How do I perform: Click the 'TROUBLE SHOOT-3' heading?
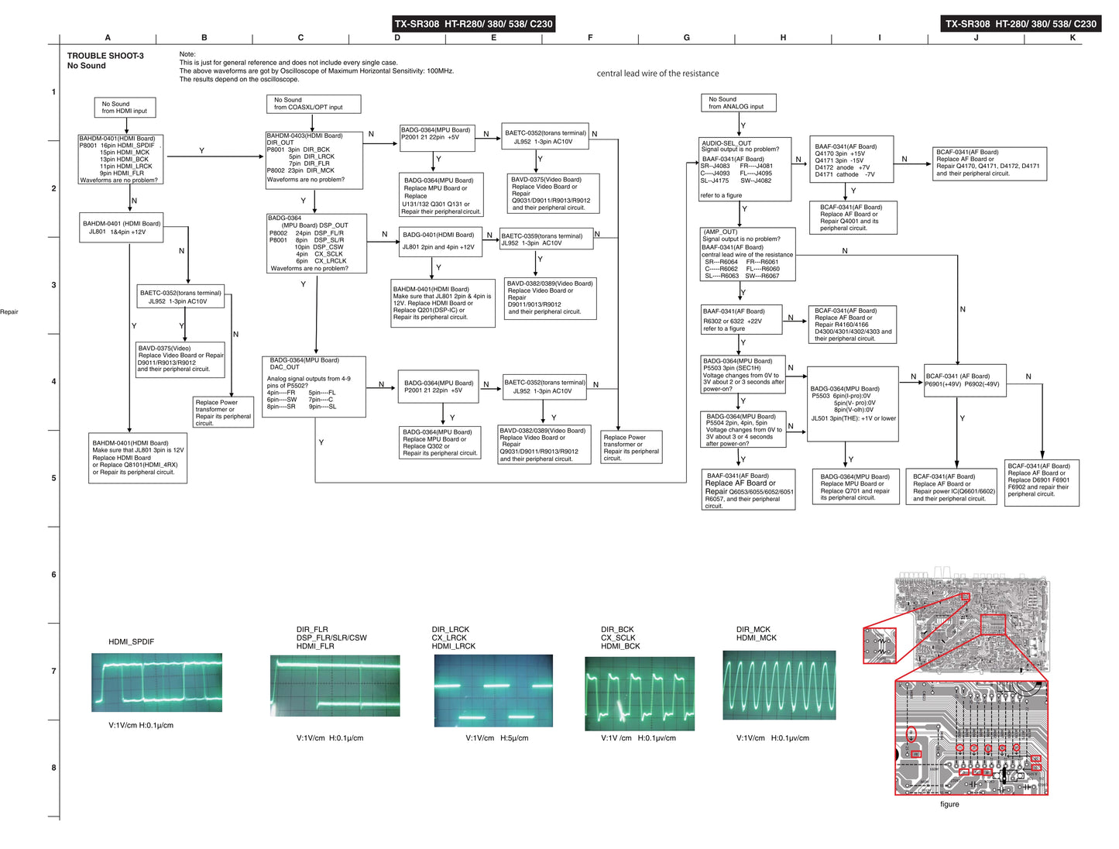(105, 56)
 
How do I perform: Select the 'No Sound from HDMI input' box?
(124, 108)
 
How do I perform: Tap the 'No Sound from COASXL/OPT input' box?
(313, 104)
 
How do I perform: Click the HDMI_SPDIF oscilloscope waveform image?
(156, 682)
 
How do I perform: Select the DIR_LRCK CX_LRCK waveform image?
(493, 690)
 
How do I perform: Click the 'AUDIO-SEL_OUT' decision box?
(745, 169)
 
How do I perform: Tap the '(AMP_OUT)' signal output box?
(747, 254)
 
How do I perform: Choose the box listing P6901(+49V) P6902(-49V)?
(965, 380)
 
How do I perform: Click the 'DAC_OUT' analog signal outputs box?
(314, 387)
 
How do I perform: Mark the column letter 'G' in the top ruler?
(687, 38)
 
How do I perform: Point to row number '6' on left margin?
(53, 575)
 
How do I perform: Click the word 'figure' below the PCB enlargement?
(949, 804)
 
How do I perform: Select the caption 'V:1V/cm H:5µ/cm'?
(497, 738)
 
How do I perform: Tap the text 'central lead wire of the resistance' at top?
(657, 74)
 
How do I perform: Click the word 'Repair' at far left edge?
(9, 312)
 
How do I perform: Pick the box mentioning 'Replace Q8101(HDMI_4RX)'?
(139, 458)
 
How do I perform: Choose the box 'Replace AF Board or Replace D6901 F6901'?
(1042, 483)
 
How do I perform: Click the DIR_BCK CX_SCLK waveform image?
(640, 694)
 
